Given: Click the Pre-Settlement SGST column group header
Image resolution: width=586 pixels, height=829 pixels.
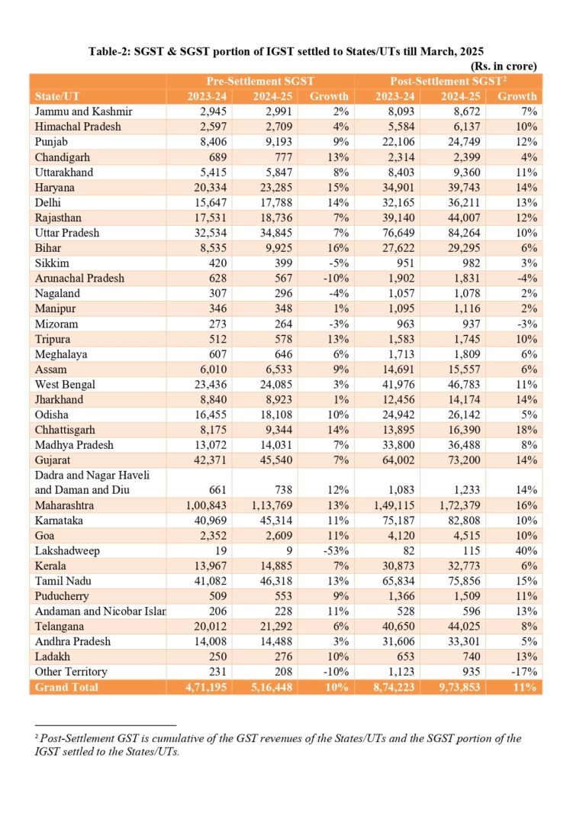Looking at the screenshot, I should click(x=260, y=81).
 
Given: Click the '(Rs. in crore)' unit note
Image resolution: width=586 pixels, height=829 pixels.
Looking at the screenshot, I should click(x=501, y=66).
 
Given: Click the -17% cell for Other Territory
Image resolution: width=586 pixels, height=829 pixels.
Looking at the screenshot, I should click(x=526, y=672).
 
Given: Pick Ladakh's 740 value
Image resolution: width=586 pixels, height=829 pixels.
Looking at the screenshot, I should click(x=467, y=656).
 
